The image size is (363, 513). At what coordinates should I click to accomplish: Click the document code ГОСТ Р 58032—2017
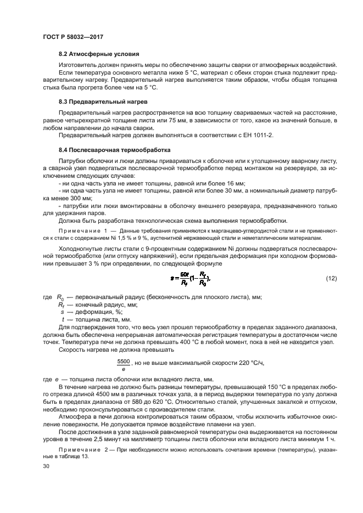(x=72, y=37)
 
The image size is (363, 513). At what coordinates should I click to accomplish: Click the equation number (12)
(x=331, y=279)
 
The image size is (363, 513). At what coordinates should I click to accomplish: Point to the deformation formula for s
(x=190, y=279)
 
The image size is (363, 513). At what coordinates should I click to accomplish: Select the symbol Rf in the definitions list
(x=62, y=305)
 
